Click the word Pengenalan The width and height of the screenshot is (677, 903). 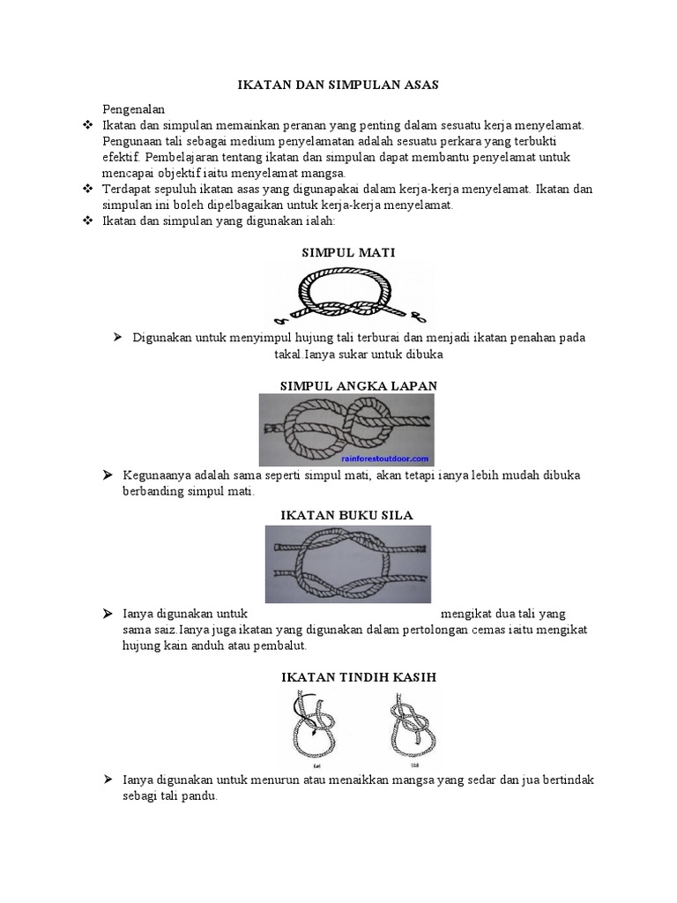133,109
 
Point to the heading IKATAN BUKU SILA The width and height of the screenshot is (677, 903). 346,514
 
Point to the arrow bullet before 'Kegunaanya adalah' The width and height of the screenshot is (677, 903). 107,475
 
